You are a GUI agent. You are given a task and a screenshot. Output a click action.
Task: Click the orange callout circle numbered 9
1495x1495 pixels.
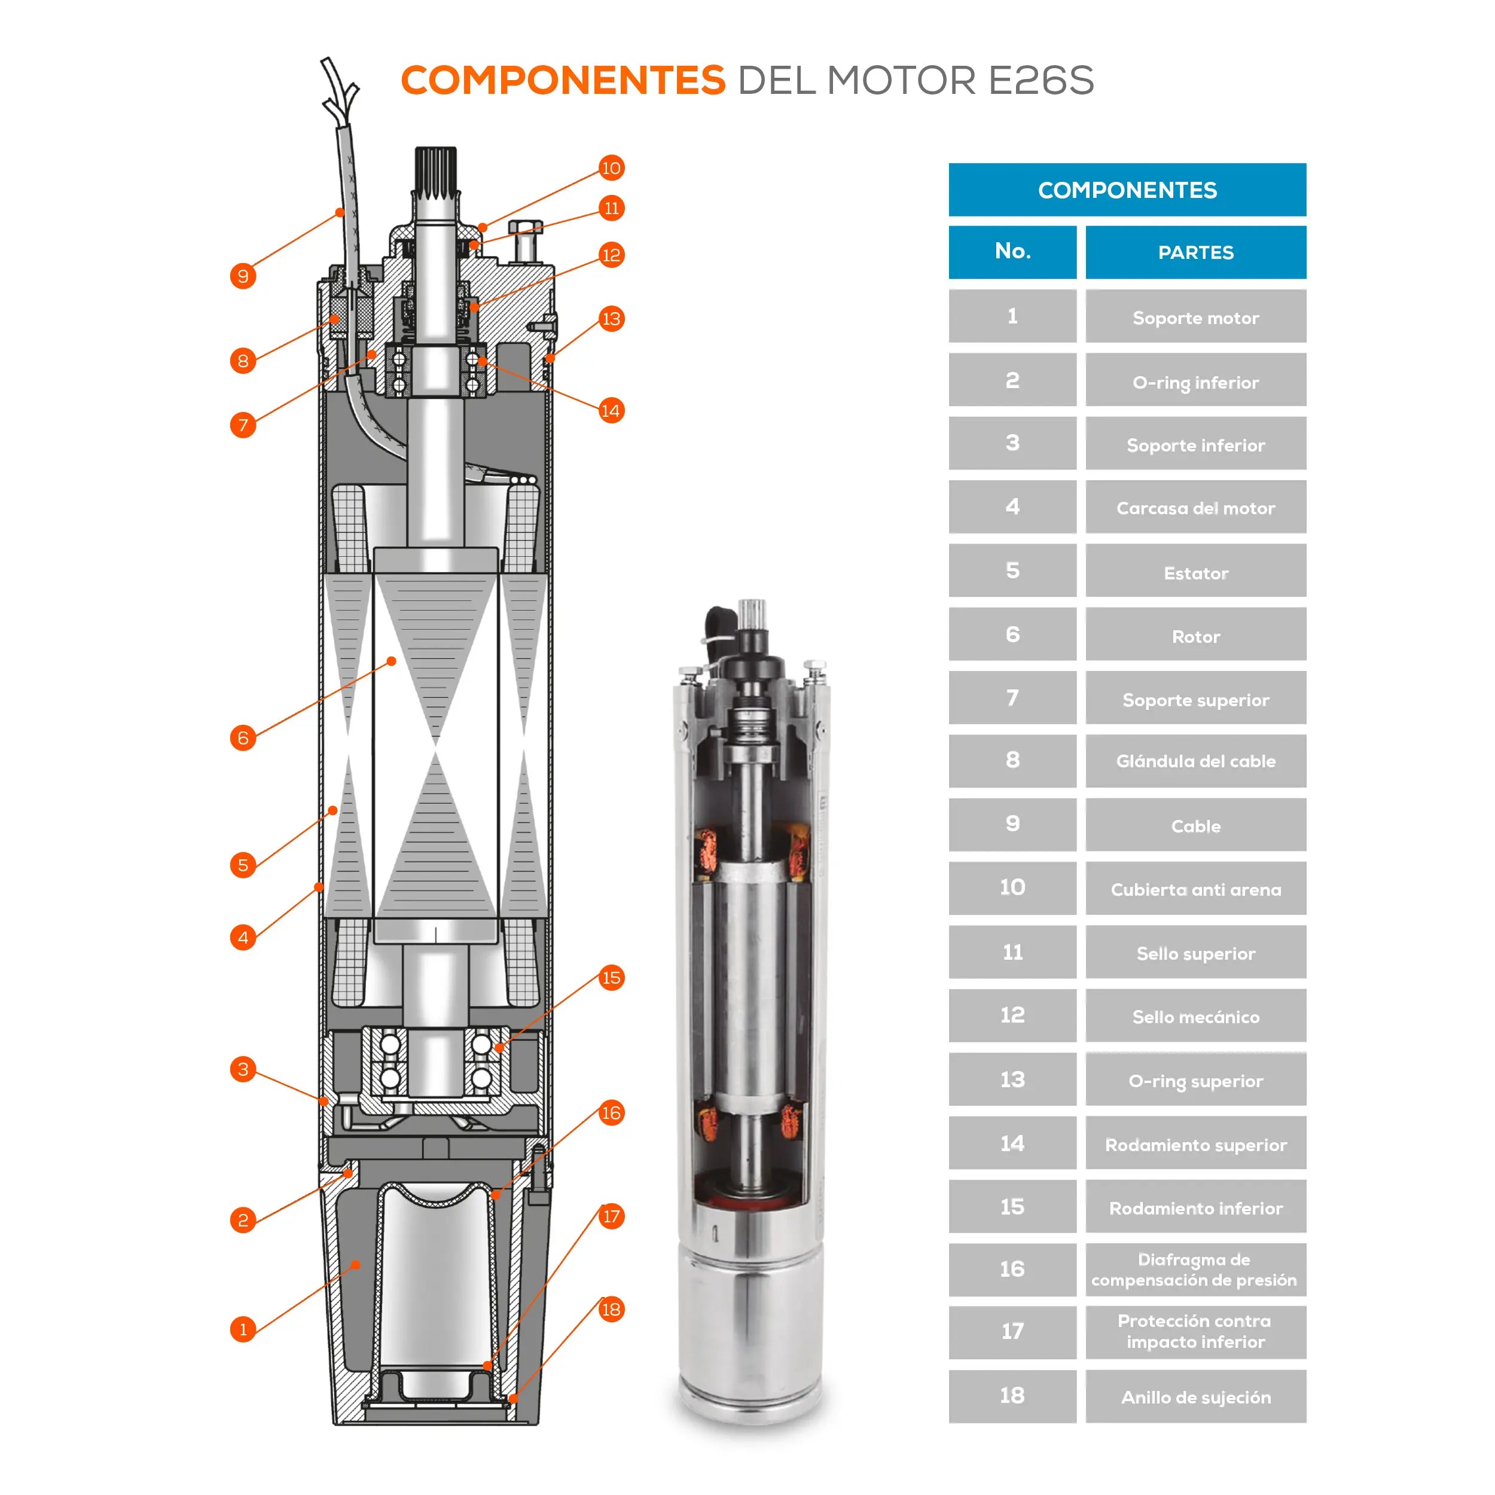point(243,276)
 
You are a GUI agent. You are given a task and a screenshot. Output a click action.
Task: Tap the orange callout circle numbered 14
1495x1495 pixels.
point(611,411)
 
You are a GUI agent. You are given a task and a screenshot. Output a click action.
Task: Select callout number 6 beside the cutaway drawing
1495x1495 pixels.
point(243,737)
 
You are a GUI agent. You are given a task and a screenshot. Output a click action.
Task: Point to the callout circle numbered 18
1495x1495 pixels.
point(611,1309)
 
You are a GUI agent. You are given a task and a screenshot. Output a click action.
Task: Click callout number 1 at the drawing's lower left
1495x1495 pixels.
point(243,1329)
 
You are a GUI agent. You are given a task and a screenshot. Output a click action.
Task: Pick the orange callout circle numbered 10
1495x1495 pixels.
point(611,168)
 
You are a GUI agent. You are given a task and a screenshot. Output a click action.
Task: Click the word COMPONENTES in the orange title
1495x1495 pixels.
point(563,81)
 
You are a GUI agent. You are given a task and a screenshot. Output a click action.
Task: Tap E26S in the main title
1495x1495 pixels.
point(1042,81)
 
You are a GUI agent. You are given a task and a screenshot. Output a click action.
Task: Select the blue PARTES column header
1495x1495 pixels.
point(1195,252)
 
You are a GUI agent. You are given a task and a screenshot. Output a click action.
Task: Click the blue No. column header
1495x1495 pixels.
point(1012,252)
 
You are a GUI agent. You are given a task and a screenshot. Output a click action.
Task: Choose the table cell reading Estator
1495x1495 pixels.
point(1195,570)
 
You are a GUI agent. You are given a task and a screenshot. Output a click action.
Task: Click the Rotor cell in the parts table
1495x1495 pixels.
point(1195,634)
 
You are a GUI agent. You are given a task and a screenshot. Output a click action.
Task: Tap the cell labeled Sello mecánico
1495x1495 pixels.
point(1195,1015)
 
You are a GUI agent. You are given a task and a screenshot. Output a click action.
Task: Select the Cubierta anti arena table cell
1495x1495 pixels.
point(1195,889)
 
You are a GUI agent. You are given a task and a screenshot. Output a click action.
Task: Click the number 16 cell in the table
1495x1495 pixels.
point(1012,1269)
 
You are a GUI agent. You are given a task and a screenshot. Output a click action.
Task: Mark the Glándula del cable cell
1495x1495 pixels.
point(1195,761)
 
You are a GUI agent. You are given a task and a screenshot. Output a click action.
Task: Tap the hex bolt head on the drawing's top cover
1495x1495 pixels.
point(526,227)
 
